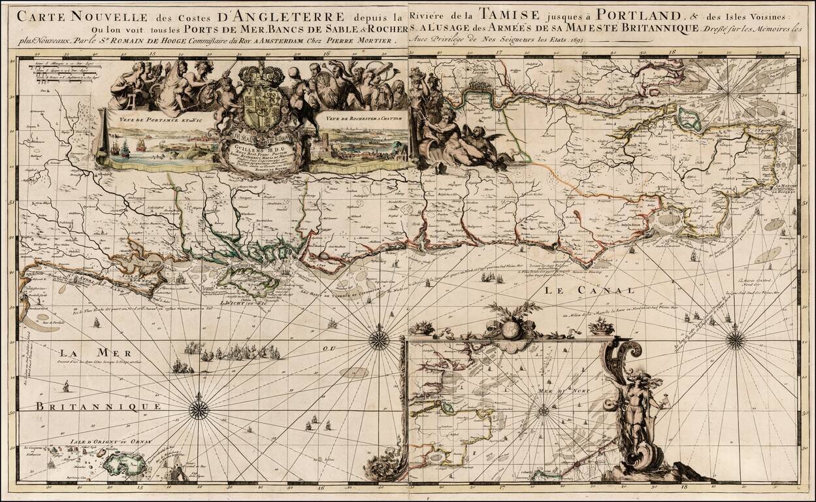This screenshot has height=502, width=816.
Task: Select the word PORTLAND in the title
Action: (x=615, y=12)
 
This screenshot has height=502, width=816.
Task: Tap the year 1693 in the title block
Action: (x=575, y=41)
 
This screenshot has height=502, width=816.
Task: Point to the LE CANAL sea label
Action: (x=589, y=290)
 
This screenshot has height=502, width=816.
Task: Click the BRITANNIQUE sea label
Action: (x=99, y=406)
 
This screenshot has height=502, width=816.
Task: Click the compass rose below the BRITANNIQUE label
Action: (x=199, y=410)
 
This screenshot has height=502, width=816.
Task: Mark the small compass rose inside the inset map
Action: (x=543, y=411)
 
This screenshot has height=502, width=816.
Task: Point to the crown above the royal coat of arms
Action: (x=261, y=75)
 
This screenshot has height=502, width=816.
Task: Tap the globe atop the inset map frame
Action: (x=512, y=329)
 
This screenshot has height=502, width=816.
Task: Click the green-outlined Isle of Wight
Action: (x=243, y=280)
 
